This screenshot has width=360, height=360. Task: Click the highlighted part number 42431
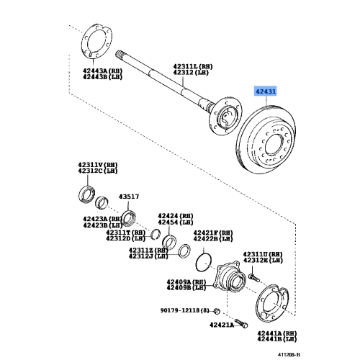click(x=267, y=92)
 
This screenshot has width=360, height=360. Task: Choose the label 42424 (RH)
click(x=176, y=215)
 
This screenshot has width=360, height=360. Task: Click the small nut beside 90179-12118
click(x=218, y=311)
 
